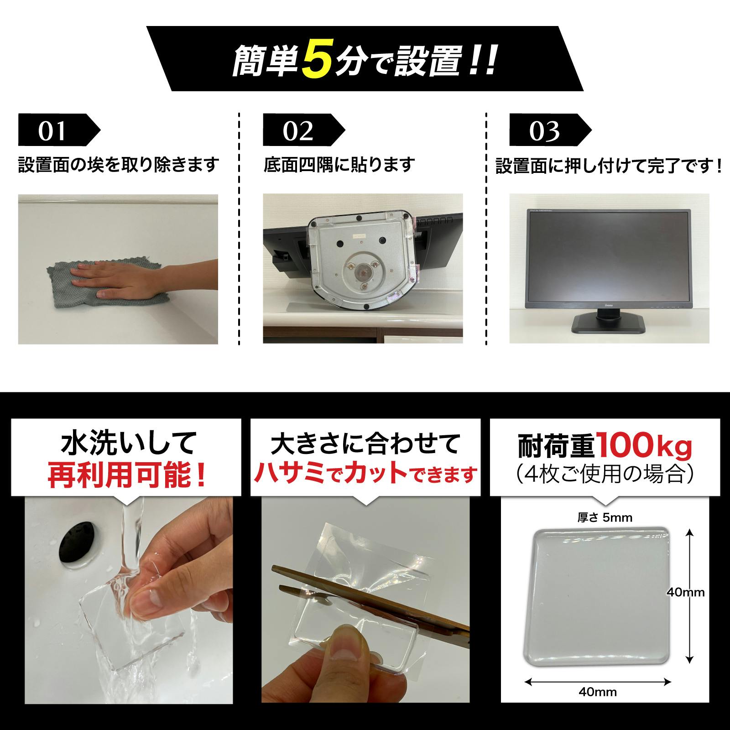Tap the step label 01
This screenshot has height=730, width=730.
52,131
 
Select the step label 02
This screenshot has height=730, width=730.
297,131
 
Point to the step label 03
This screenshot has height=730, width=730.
544,131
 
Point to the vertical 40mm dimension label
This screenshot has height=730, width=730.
685,592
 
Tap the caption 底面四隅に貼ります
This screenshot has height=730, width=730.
339,165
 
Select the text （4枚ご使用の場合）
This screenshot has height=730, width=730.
605,475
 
